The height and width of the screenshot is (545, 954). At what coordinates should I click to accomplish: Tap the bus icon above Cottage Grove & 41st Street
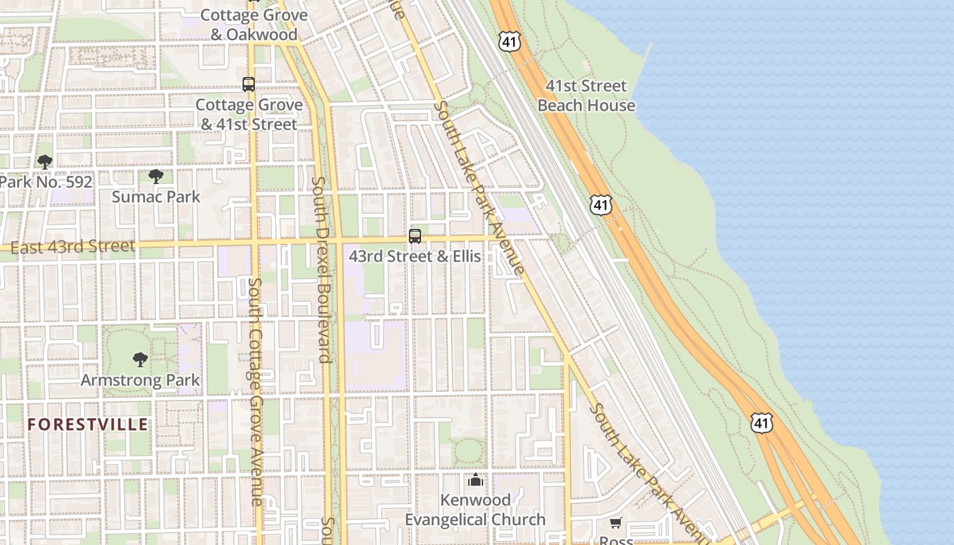point(249,84)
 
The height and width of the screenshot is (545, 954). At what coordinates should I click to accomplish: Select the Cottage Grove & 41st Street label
point(249,114)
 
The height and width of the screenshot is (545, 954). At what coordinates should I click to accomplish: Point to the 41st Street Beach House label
point(586,95)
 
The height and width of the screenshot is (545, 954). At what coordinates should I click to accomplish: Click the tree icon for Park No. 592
point(45,162)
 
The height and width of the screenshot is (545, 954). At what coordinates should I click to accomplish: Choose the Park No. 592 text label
point(46,183)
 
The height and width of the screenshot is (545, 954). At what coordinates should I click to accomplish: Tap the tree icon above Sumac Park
point(156,176)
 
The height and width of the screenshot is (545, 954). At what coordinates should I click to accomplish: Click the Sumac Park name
point(156,197)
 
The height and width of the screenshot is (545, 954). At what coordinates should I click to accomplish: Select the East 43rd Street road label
point(73,247)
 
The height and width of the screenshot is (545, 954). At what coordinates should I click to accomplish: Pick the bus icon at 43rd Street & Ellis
point(414,236)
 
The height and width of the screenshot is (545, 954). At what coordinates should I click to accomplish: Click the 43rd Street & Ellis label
point(414,257)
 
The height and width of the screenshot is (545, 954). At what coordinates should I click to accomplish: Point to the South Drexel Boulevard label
point(322,269)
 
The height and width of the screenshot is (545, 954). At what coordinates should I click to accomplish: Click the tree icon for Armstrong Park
point(140,359)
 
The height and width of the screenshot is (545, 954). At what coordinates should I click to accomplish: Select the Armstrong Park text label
point(140,379)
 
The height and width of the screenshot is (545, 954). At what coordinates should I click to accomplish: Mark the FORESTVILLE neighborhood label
point(88,424)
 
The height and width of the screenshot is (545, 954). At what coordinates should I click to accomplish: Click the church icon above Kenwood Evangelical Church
point(476,480)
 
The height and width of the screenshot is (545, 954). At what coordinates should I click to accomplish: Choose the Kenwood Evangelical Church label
point(476,510)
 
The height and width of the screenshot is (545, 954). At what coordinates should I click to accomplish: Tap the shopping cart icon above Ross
point(616,523)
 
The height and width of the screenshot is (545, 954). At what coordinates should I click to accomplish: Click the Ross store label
point(616,540)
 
